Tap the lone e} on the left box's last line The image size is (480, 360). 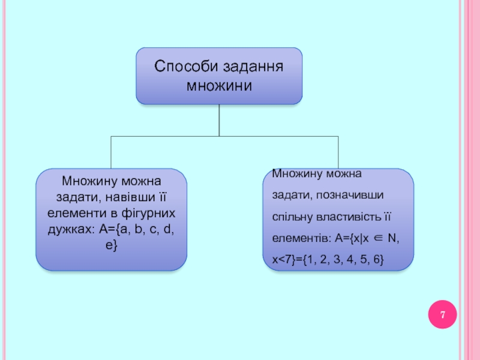112,245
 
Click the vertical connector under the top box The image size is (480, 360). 219,120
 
